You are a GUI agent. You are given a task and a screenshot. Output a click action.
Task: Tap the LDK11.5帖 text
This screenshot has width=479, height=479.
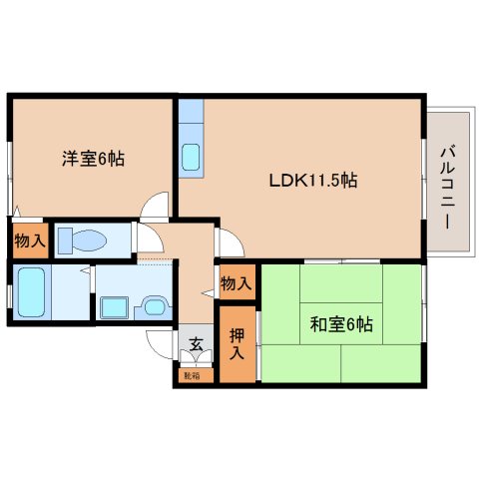(x=312, y=181)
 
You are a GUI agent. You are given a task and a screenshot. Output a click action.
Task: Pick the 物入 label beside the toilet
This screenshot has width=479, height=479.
(x=29, y=240)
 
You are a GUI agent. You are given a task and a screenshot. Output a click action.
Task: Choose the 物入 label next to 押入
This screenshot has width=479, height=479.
(x=236, y=284)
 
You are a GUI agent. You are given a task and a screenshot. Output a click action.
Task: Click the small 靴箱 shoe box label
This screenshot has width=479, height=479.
(x=192, y=375)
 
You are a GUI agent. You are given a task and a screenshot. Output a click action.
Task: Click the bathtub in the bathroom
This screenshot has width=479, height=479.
(x=31, y=291)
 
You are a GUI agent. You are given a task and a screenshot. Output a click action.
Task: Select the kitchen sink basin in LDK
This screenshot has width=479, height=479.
(x=191, y=157)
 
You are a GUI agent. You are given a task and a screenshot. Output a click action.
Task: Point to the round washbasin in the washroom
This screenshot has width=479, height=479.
(x=155, y=307)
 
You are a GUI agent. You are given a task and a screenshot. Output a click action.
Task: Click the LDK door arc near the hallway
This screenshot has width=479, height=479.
(x=227, y=240)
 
